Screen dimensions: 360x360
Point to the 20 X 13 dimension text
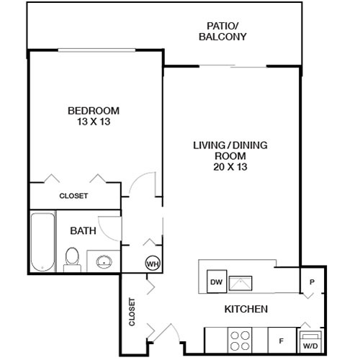[x=230, y=167]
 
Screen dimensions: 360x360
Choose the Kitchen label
[x=247, y=309]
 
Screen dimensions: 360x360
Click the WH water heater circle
[x=153, y=263]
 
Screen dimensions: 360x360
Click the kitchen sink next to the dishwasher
[x=240, y=282]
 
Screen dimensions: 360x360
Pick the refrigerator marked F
[x=280, y=338]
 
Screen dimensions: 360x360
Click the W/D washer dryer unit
[x=310, y=341]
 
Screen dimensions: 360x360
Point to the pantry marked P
[x=312, y=282]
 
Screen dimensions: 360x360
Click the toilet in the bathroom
[x=72, y=258]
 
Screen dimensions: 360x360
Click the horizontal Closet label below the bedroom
[x=73, y=196]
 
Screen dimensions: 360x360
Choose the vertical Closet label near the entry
[x=132, y=312]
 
